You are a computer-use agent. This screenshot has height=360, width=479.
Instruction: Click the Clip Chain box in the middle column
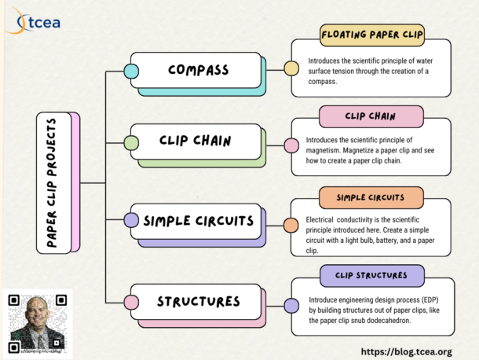coord(196,141)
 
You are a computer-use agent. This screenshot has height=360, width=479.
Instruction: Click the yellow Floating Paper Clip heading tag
coord(371,35)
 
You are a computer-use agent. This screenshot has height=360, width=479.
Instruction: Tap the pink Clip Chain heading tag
coord(371,117)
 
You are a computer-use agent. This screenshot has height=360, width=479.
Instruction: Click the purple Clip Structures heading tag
coord(371,275)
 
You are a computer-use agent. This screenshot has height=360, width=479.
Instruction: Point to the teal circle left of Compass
coord(132,71)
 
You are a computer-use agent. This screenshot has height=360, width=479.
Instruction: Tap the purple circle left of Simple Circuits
coord(132,221)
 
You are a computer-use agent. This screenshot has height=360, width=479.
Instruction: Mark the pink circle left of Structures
coord(132,301)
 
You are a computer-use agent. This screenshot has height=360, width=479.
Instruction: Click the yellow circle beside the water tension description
coord(291,69)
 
